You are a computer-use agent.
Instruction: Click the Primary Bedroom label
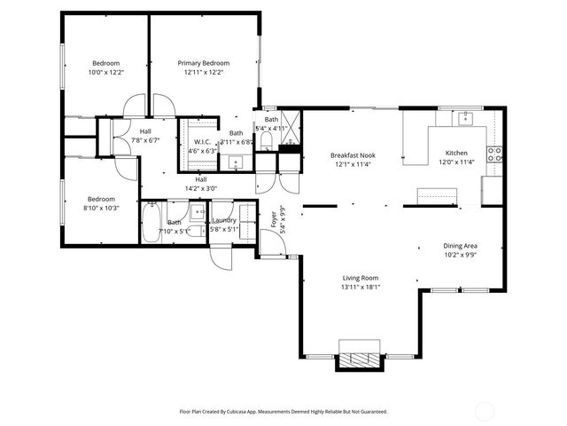pos(204,64)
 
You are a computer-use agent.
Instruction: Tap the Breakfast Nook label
pos(353,154)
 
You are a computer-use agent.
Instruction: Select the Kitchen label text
pos(456,153)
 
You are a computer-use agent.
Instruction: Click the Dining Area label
pos(461,246)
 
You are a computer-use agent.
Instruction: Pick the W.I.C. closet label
pos(201,140)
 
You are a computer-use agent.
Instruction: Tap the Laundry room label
pos(224,220)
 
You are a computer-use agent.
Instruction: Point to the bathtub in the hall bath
pos(151,222)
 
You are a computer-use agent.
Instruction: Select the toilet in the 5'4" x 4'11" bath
pos(266,141)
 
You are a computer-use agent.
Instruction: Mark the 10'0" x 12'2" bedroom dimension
pos(106,73)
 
